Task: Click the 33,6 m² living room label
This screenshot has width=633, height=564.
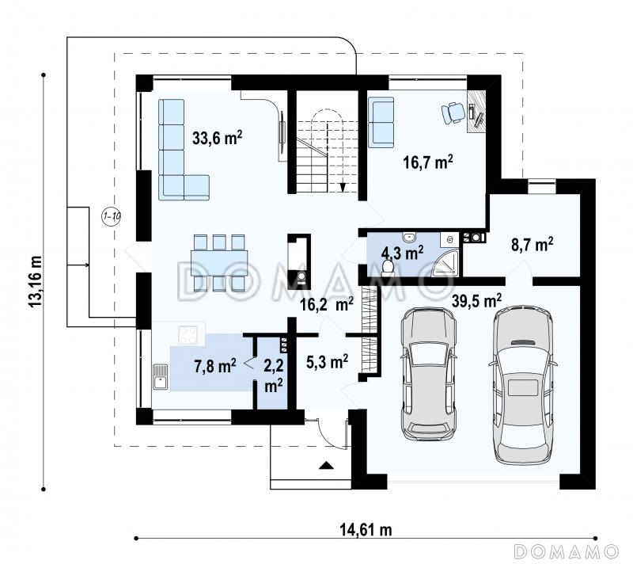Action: click(217, 138)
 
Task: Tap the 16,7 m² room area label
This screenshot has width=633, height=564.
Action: click(428, 162)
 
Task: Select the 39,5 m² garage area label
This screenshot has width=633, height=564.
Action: click(477, 300)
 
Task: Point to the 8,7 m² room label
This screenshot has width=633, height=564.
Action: click(533, 245)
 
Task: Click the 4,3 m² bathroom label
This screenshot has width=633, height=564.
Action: click(403, 253)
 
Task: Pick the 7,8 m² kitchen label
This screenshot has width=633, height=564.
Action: click(215, 367)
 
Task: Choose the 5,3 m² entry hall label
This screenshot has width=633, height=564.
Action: click(327, 361)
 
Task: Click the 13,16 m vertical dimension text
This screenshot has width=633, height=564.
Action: click(35, 281)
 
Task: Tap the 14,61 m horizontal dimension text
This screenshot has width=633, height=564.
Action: click(366, 529)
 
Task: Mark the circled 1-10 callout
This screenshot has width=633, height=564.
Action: click(111, 216)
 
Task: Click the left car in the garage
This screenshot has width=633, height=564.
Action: click(429, 374)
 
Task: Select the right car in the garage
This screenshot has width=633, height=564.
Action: click(523, 387)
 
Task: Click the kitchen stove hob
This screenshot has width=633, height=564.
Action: click(188, 334)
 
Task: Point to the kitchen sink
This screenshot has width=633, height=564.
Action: click(161, 376)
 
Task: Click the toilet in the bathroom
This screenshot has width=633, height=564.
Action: click(388, 268)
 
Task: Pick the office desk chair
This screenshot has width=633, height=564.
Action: click(453, 112)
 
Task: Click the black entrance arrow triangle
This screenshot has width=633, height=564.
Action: click(327, 466)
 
